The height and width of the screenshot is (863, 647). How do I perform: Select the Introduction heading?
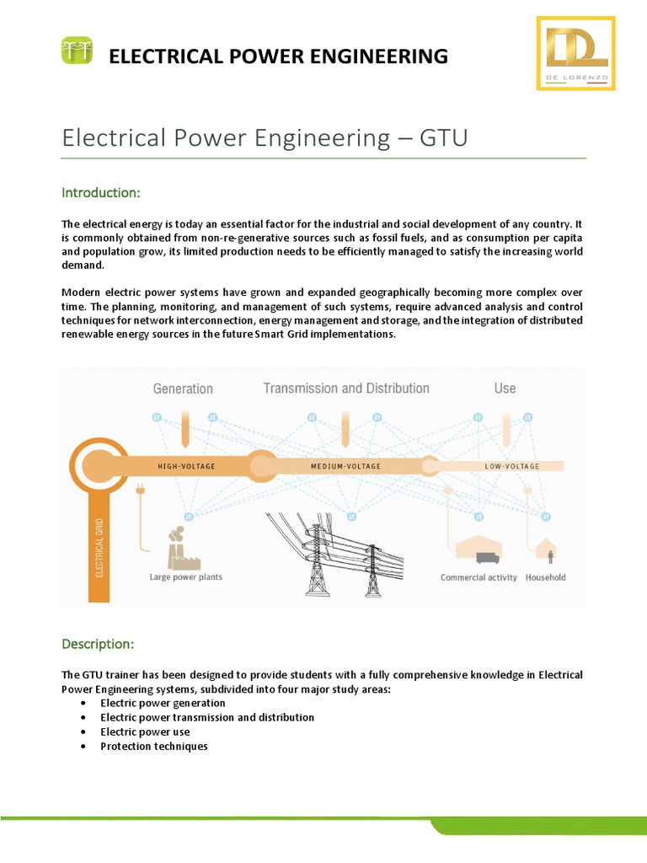(x=100, y=193)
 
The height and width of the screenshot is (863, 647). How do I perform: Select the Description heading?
(x=98, y=644)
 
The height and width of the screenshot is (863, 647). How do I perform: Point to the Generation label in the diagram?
(x=183, y=389)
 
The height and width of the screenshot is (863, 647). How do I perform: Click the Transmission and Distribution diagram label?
(x=346, y=389)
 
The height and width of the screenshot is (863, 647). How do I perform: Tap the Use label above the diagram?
(x=505, y=389)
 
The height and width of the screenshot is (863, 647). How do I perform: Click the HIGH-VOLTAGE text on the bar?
(x=186, y=466)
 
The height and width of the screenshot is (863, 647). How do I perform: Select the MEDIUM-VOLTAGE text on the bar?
(x=345, y=466)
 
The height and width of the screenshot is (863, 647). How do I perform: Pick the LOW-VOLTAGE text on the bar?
(x=512, y=466)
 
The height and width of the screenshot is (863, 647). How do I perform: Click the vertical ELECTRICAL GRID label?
(x=99, y=548)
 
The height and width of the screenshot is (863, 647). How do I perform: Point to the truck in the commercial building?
(x=487, y=557)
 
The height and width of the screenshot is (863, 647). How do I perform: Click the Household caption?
(x=546, y=577)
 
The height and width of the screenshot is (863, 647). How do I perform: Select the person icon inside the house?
(x=551, y=556)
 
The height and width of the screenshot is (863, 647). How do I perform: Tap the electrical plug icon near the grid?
(x=140, y=489)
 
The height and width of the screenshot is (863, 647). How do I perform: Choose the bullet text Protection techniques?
(x=153, y=747)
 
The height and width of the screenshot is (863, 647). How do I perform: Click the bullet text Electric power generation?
(x=163, y=703)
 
